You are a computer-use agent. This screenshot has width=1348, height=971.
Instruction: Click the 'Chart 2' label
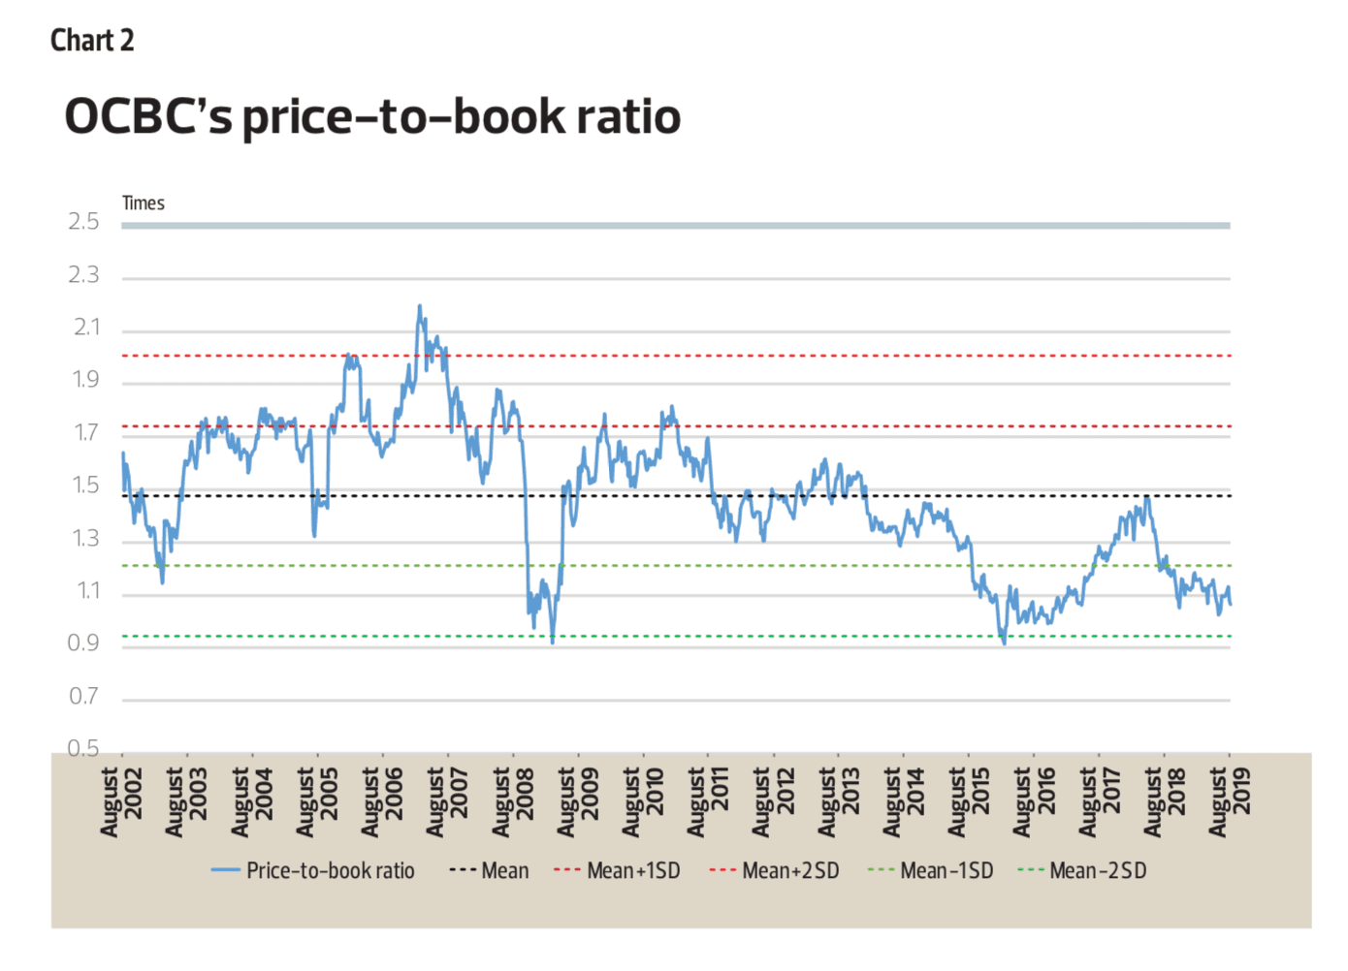92,41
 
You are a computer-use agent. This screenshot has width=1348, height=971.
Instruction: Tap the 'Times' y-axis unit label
144,204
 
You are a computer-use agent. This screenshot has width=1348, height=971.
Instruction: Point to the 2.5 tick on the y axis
84,222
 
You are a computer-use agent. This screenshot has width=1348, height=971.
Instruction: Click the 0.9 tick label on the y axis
84,643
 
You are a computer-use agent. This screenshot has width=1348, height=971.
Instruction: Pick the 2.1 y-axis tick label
86,328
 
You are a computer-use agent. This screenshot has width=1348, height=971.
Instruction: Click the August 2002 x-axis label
122,801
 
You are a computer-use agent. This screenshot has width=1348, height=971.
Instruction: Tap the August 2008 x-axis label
513,801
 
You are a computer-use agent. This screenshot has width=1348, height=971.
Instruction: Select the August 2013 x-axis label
839,801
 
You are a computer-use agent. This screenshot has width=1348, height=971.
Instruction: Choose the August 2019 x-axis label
1230,801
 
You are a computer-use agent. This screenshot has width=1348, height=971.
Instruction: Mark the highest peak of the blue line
420,306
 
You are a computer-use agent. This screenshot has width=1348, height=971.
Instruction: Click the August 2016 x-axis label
1034,801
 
